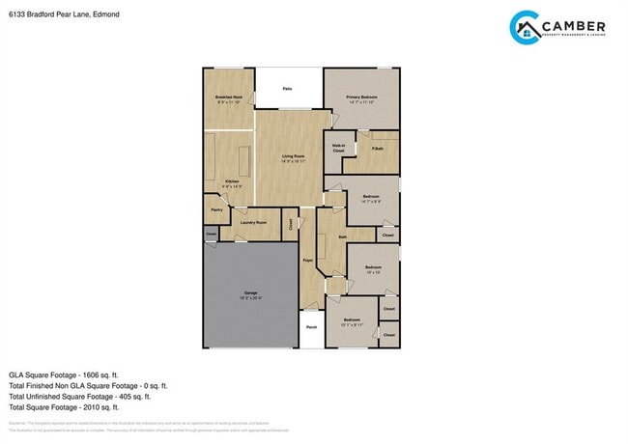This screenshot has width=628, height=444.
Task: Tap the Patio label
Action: (288, 89)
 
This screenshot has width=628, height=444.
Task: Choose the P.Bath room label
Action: (377, 149)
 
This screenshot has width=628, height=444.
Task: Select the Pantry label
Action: (216, 209)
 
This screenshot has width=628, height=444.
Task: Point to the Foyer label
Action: (307, 261)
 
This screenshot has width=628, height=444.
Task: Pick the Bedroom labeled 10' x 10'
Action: (374, 268)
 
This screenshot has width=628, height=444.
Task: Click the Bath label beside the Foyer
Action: (342, 236)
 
